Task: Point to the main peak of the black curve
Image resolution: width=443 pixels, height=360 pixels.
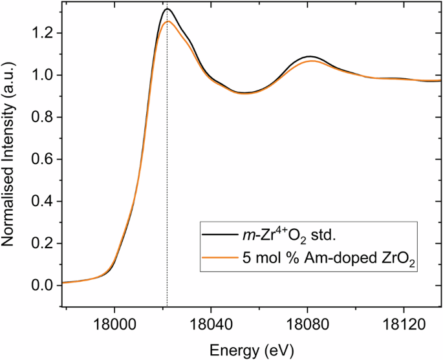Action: pyautogui.click(x=167, y=9)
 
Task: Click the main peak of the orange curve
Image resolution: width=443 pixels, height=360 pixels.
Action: pyautogui.click(x=167, y=21)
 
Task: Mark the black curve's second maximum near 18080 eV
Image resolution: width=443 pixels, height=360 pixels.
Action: pyautogui.click(x=310, y=56)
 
